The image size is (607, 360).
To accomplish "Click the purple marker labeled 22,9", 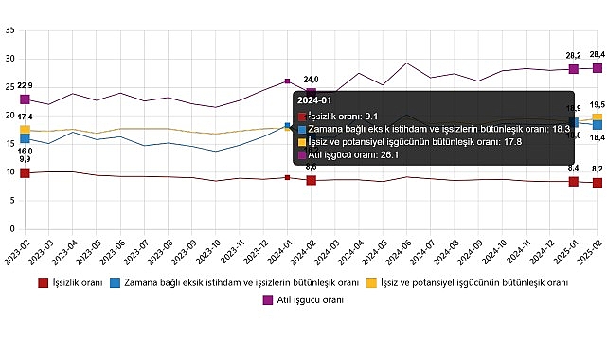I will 26,99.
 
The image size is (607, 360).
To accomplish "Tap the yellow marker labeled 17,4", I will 26,130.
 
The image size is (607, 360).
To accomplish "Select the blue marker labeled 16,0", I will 26,139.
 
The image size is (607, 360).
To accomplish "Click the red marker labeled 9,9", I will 26,173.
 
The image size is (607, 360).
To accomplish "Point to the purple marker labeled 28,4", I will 598,67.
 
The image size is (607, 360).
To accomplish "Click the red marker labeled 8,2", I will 598,182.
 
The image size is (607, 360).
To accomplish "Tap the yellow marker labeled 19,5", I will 598,118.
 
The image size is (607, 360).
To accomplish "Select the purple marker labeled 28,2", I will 574,68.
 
